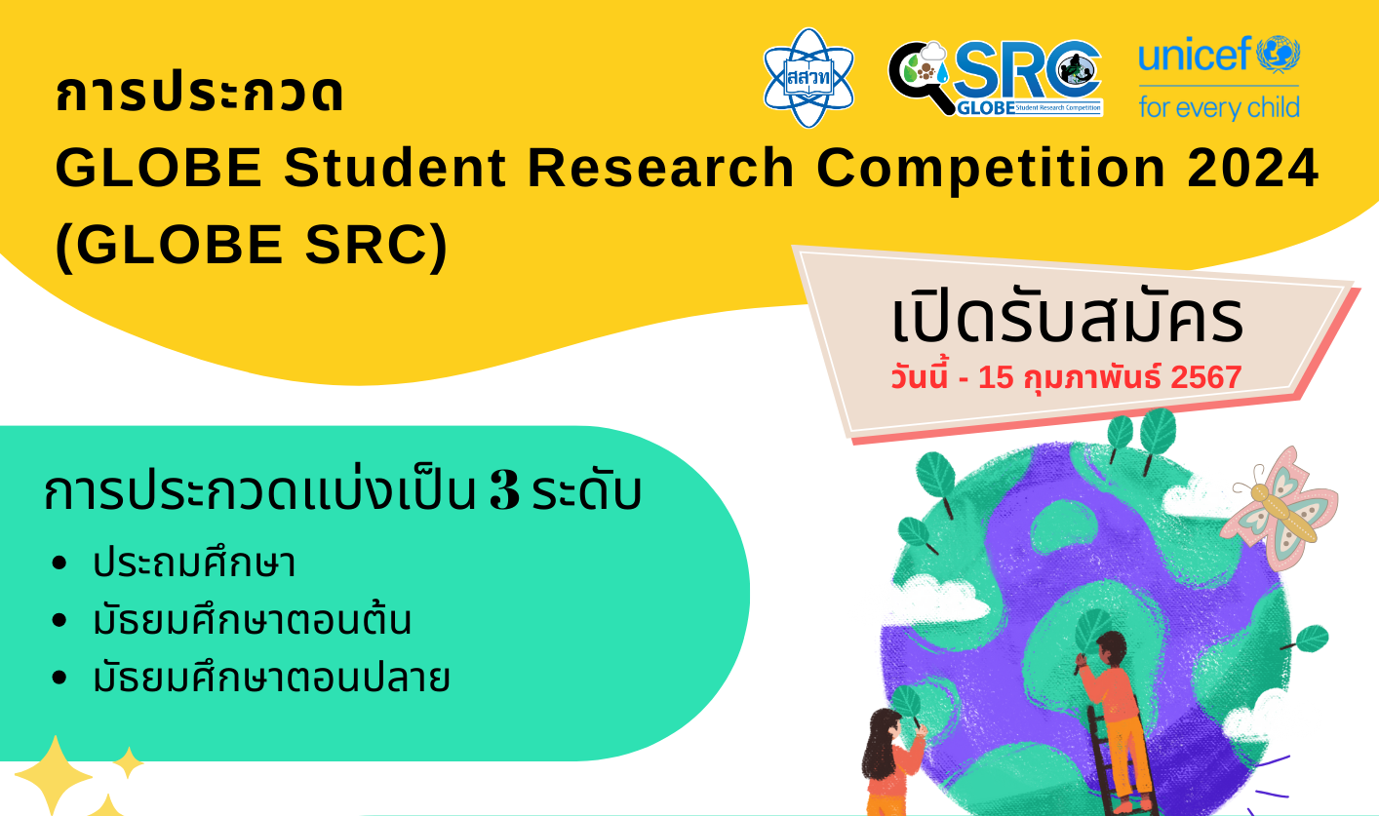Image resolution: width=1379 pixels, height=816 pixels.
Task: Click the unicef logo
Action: [1219, 77]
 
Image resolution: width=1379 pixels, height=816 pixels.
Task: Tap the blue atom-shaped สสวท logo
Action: [808, 78]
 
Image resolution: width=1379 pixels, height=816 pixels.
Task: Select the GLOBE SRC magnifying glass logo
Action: [996, 78]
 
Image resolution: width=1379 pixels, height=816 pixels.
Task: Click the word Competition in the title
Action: [991, 170]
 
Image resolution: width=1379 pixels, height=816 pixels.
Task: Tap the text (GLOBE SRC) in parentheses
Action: [252, 246]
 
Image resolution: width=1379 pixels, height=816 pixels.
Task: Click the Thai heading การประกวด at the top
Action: [199, 93]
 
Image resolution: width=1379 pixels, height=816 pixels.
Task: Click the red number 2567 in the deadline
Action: [1205, 377]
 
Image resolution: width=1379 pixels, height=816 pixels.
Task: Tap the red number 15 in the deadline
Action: [996, 377]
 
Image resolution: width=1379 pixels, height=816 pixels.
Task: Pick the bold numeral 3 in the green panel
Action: [504, 491]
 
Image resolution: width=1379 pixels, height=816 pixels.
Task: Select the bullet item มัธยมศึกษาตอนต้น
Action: [252, 619]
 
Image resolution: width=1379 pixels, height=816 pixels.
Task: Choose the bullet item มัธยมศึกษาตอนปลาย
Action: [271, 677]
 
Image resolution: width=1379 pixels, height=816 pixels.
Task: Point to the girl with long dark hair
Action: [891, 763]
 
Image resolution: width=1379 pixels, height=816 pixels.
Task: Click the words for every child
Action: [1219, 107]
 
